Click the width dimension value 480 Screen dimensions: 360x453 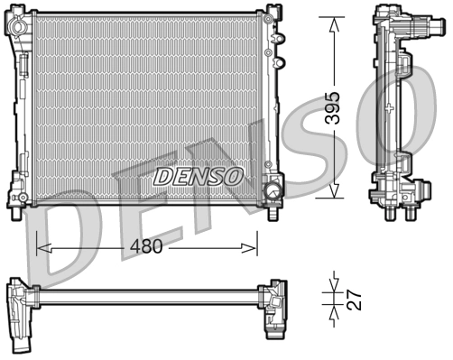tap(145, 245)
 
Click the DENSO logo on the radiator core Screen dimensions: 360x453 tap(197, 175)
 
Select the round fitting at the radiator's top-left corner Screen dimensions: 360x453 tap(17, 25)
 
